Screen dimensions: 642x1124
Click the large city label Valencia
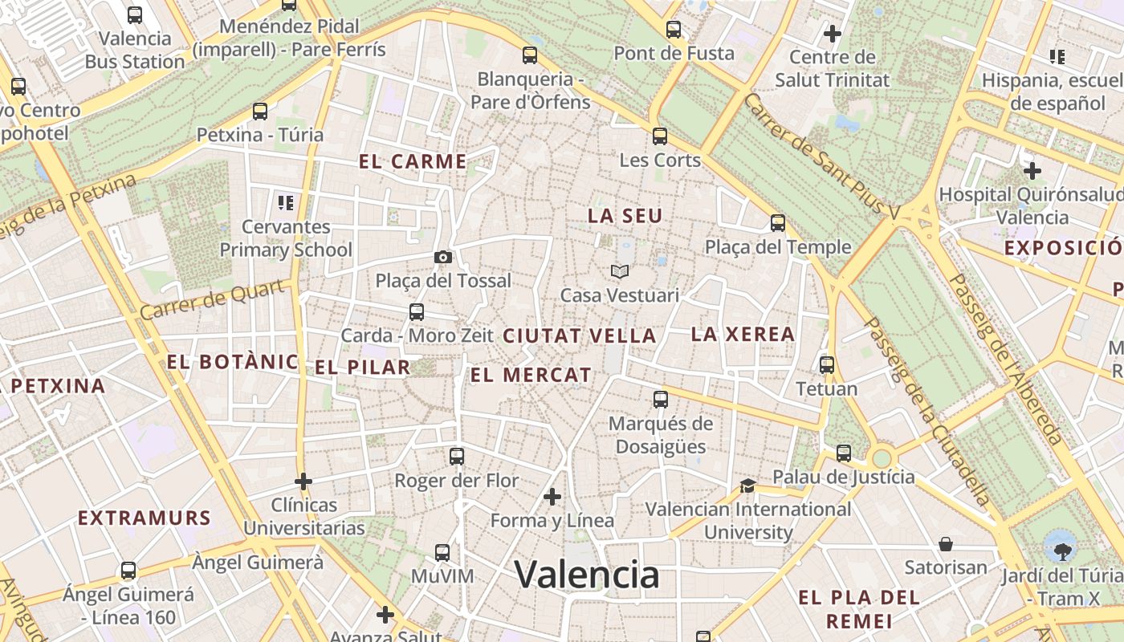click(x=587, y=575)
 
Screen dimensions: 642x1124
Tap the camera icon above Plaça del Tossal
click(x=442, y=258)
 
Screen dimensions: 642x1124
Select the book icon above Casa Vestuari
click(x=619, y=272)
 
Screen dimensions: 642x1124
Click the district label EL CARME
click(x=413, y=161)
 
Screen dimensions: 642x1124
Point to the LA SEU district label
click(x=625, y=216)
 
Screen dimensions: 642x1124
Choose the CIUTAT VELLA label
click(x=580, y=336)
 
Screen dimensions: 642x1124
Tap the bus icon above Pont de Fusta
click(x=674, y=30)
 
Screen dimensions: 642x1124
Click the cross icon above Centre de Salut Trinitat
click(x=833, y=34)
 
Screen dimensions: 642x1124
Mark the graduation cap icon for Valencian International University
click(x=747, y=486)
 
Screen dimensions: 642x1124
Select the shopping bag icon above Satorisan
click(x=946, y=544)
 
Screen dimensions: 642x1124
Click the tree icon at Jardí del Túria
click(x=1062, y=551)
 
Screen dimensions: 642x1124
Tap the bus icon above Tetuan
click(x=827, y=365)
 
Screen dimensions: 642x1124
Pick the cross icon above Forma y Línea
click(x=552, y=498)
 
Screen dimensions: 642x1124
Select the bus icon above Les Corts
click(x=660, y=136)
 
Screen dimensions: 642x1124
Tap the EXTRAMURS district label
click(x=145, y=518)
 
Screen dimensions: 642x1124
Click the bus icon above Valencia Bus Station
click(x=135, y=14)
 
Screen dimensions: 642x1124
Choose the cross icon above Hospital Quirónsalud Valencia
click(x=1032, y=171)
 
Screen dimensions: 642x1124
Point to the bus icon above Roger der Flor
click(x=457, y=457)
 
